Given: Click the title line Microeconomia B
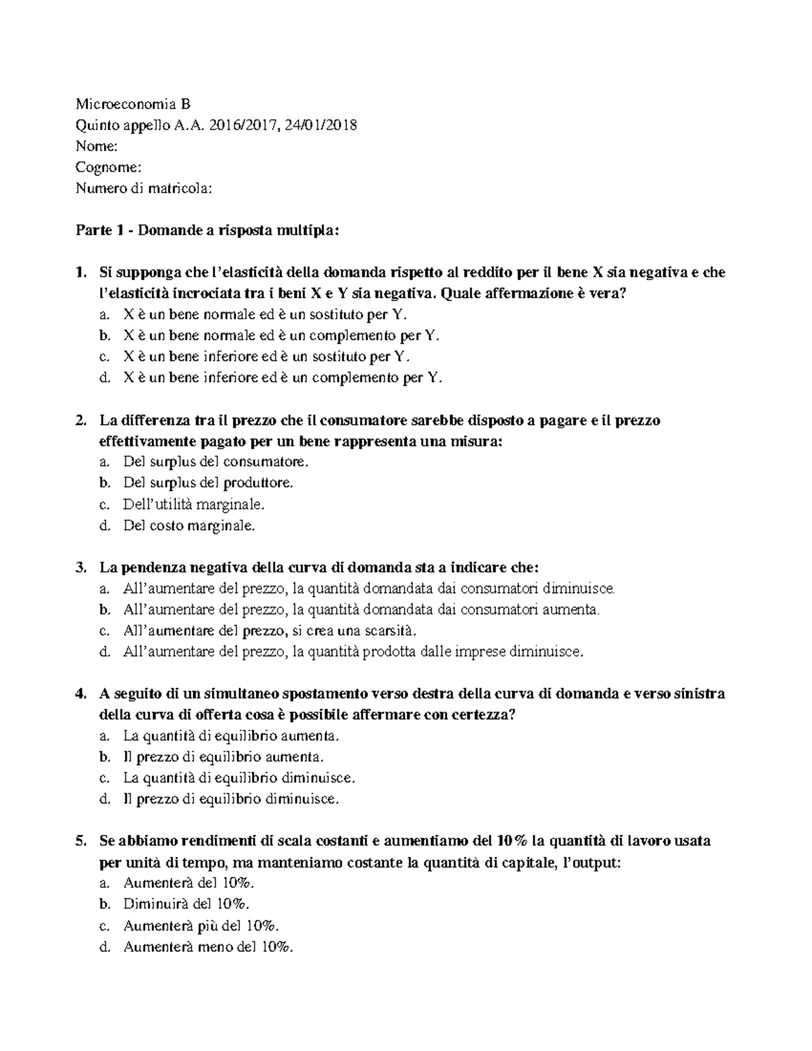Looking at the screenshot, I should coord(133,104).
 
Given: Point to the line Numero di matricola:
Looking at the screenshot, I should coord(143,188).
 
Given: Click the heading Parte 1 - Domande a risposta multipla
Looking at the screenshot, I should coord(206,231).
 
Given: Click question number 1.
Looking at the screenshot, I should coord(81,273).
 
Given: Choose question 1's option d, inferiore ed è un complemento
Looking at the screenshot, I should coord(282,378).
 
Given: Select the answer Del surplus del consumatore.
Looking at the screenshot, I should coord(215,462).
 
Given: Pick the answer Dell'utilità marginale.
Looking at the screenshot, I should coord(194,504).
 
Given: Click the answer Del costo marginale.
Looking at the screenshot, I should coord(189,525).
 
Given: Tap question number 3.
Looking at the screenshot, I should coord(81,567).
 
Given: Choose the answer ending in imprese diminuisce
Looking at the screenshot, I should coord(352,652).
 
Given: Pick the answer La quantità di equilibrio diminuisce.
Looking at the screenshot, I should coord(238,778).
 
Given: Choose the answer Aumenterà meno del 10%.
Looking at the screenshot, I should coord(208,947).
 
